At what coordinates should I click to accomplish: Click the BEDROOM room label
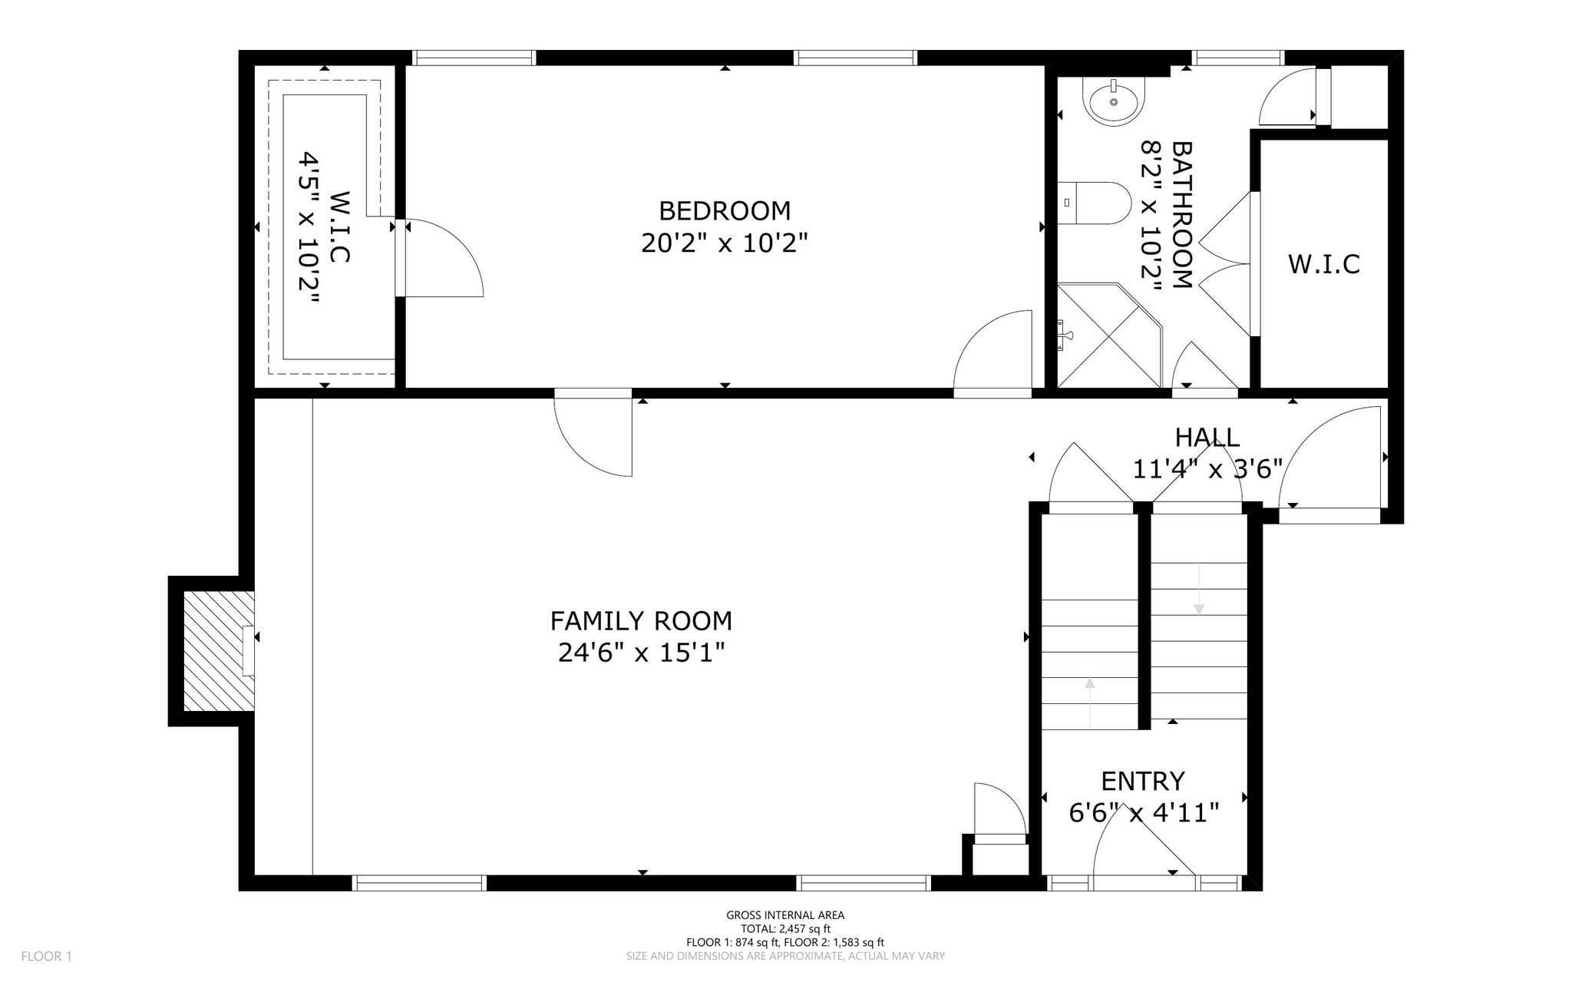725,210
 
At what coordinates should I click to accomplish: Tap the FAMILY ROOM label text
641,620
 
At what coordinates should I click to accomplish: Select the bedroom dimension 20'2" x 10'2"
725,243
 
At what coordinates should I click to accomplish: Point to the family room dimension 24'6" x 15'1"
641,653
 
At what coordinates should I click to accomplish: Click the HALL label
1207,438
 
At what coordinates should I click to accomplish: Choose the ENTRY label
1143,782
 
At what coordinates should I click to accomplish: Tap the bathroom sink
1114,101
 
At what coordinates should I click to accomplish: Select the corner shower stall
1110,336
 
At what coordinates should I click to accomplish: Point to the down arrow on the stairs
1198,589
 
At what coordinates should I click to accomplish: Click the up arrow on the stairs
1090,703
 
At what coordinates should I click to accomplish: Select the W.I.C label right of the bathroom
1324,264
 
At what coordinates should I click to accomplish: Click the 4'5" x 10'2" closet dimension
309,229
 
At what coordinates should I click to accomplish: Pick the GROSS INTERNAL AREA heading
785,915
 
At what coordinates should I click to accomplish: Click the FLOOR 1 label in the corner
46,957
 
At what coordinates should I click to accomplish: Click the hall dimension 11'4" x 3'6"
1207,468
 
